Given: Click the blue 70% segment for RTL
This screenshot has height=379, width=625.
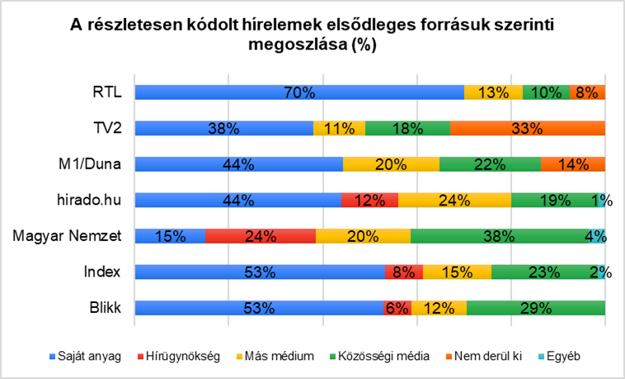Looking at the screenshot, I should coord(299,92).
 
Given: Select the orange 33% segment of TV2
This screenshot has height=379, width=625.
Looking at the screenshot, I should coord(528,128).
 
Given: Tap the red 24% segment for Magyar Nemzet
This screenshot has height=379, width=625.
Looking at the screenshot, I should coord(261,236).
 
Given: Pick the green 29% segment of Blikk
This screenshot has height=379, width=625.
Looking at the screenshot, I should coord(536,308).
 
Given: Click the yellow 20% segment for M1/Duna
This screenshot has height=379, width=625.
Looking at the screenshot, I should coord(391,164).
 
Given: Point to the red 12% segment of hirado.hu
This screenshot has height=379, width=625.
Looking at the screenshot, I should coord(369,200).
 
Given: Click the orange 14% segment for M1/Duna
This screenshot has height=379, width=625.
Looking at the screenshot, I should coord(573,164).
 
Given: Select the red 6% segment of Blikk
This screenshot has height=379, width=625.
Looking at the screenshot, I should coord(397,308).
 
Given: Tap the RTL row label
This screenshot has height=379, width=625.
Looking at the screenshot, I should coord(108,92).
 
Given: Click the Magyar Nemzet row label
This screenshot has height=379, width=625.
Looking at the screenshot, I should coord(67,236).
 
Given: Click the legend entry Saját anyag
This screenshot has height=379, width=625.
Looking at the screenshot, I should coord(91,357).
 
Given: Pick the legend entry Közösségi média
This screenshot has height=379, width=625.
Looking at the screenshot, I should coord(384,357).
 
